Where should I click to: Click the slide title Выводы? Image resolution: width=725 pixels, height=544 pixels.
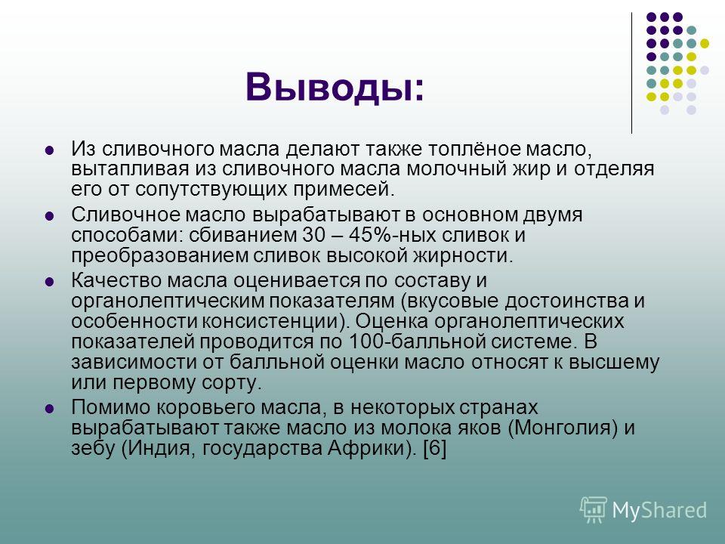tap(335, 88)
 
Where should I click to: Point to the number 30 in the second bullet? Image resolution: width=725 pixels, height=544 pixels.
tap(314, 234)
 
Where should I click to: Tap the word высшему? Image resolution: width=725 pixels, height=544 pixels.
tap(614, 362)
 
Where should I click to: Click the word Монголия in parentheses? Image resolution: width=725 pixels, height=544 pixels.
tap(565, 428)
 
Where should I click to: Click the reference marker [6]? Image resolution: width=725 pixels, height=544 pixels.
tap(435, 448)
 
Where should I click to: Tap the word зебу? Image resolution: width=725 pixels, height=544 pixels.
tap(93, 448)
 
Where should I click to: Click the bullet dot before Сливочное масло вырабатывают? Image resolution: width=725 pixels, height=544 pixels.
tap(49, 215)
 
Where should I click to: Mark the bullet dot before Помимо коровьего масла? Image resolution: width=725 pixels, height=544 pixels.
tap(49, 409)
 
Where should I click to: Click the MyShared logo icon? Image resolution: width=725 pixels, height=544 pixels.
tap(594, 510)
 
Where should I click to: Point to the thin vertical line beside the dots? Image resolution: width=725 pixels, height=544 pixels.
tap(631, 73)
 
